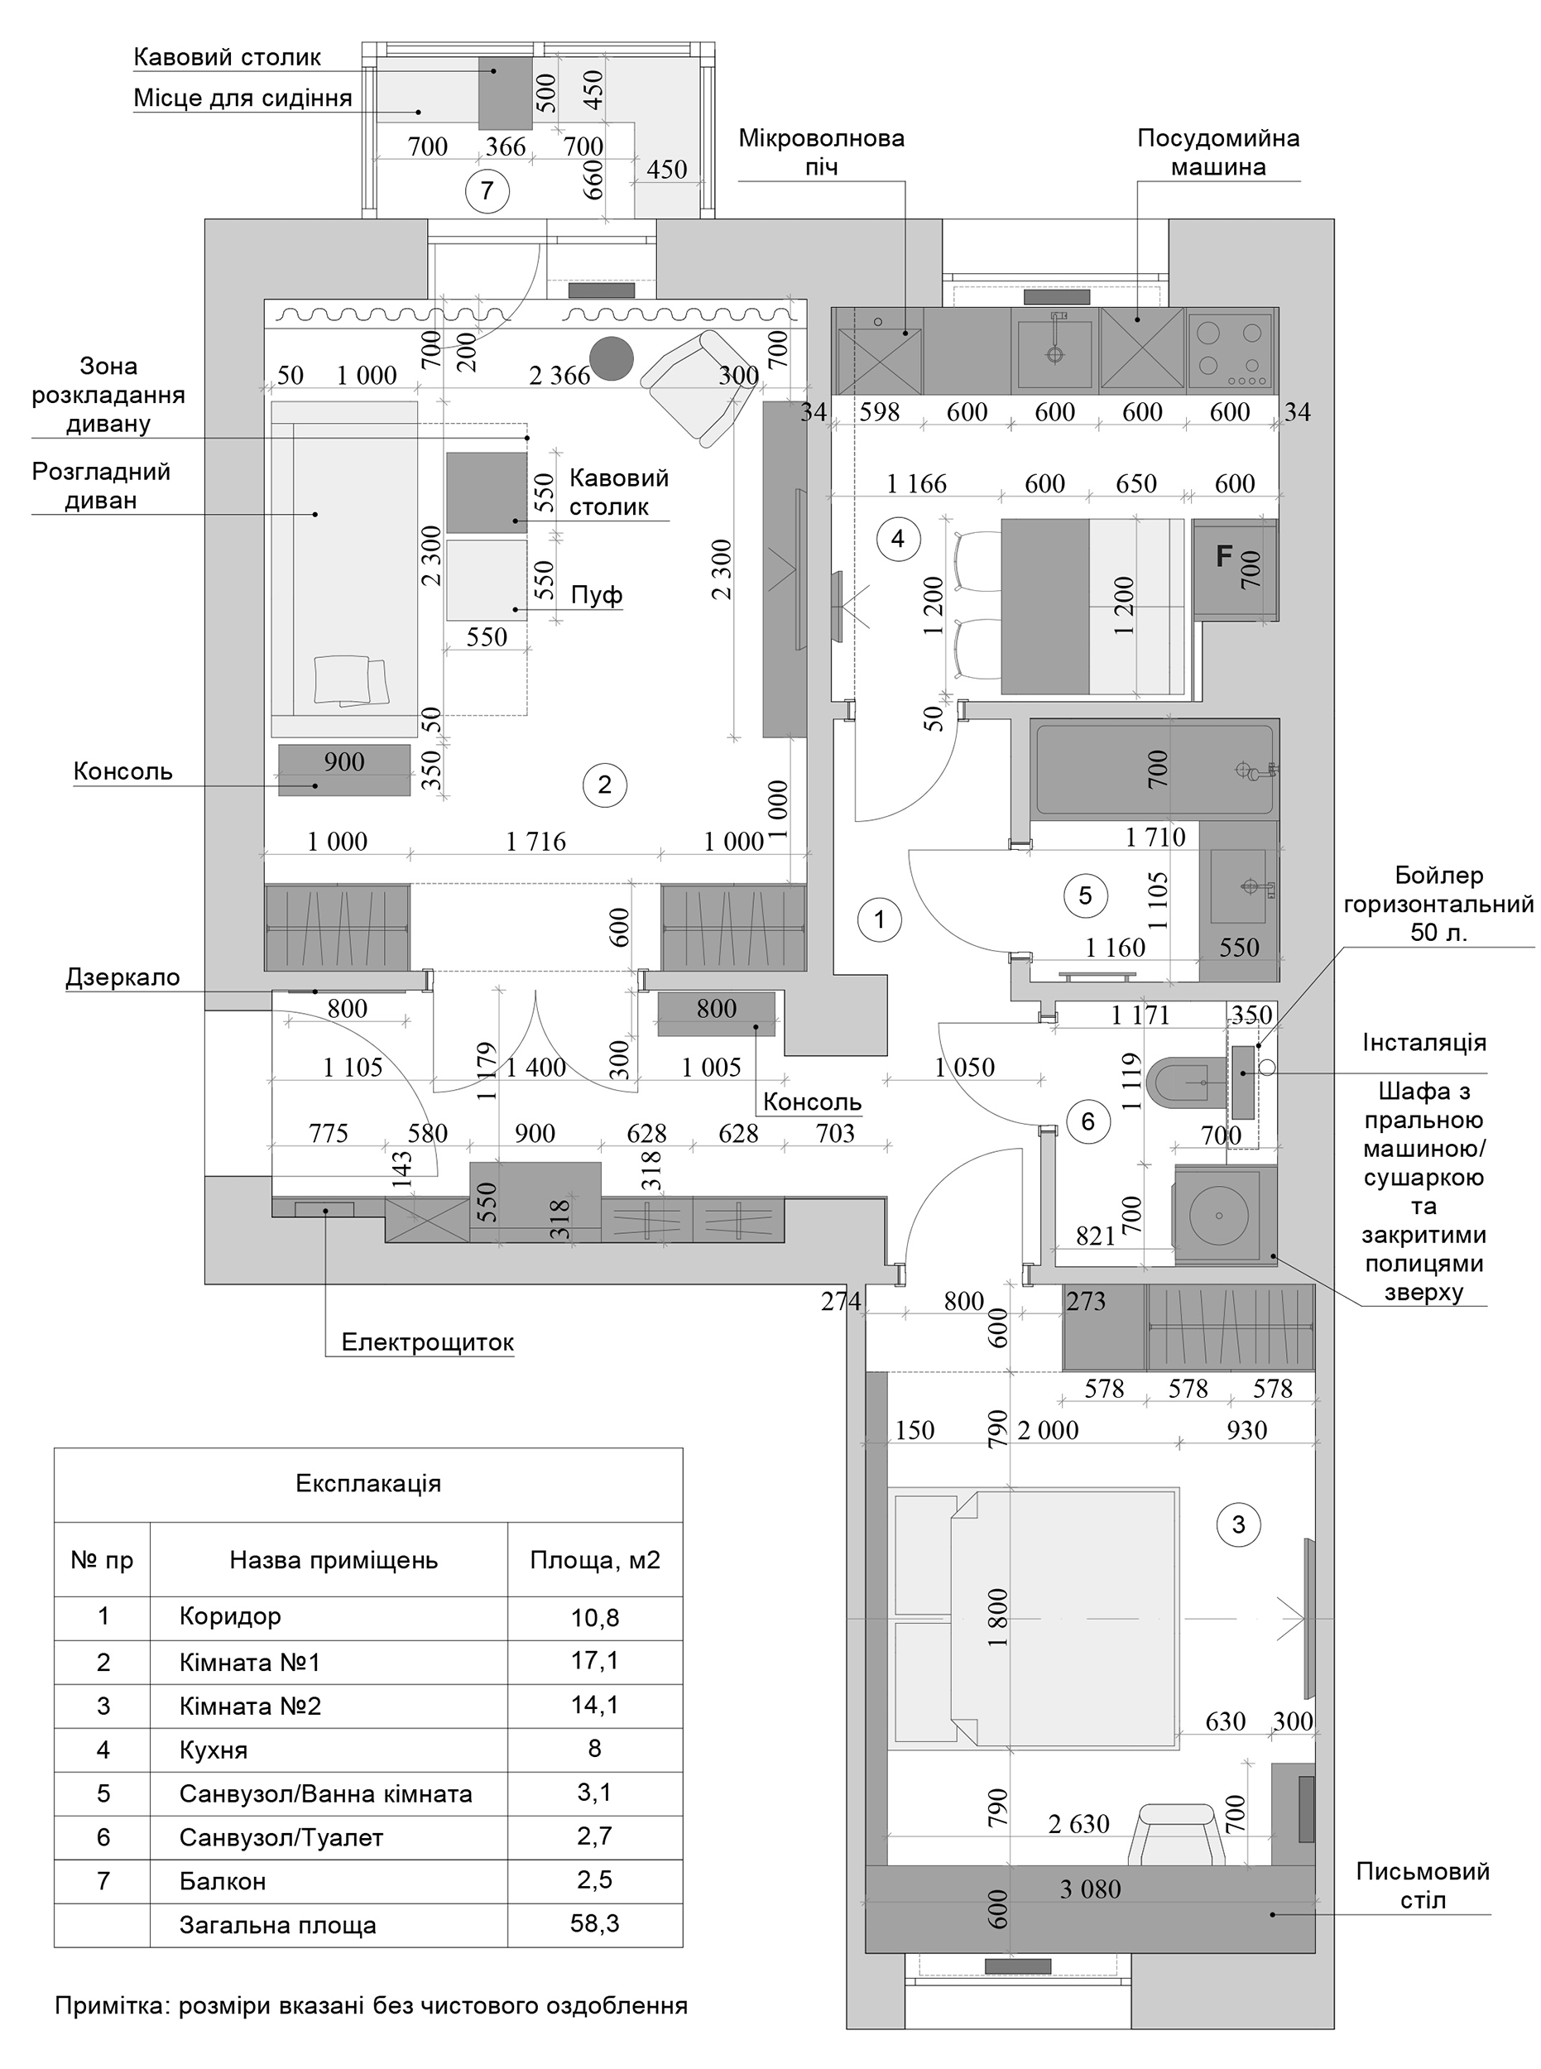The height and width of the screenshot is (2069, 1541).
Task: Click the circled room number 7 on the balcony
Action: (x=486, y=191)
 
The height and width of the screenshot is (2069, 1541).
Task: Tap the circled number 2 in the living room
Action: (x=604, y=785)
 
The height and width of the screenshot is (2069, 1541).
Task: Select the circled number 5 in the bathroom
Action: (x=1085, y=895)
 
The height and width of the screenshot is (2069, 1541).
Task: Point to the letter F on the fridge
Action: (x=1224, y=558)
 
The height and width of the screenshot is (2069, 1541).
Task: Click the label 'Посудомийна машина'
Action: (x=1218, y=153)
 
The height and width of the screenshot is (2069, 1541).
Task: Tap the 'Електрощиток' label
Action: (x=427, y=1342)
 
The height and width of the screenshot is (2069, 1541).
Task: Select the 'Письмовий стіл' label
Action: (x=1423, y=1885)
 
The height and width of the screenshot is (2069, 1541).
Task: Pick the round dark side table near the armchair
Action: (x=612, y=358)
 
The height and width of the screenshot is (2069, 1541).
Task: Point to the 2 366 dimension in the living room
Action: (x=559, y=375)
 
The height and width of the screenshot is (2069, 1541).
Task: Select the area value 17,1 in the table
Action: (x=595, y=1659)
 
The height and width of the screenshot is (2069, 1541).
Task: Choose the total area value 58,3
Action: (x=595, y=1923)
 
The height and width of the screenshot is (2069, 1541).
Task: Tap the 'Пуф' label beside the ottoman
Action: (x=596, y=594)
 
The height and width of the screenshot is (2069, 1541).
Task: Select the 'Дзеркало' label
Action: (x=123, y=977)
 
